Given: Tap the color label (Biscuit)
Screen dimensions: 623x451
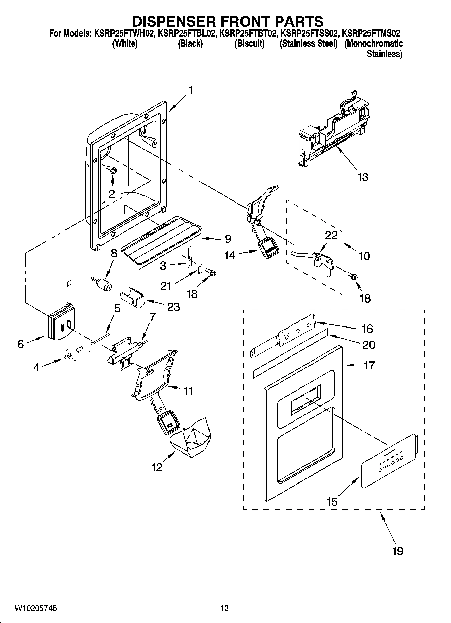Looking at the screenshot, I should click(249, 44).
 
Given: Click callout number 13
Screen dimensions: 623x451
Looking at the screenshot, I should click(363, 177).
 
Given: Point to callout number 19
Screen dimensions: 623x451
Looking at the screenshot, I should click(398, 551).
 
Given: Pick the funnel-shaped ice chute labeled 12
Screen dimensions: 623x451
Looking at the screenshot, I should click(191, 441).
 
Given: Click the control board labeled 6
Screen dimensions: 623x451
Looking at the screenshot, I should click(61, 326).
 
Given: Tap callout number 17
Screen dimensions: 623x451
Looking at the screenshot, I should click(369, 365).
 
